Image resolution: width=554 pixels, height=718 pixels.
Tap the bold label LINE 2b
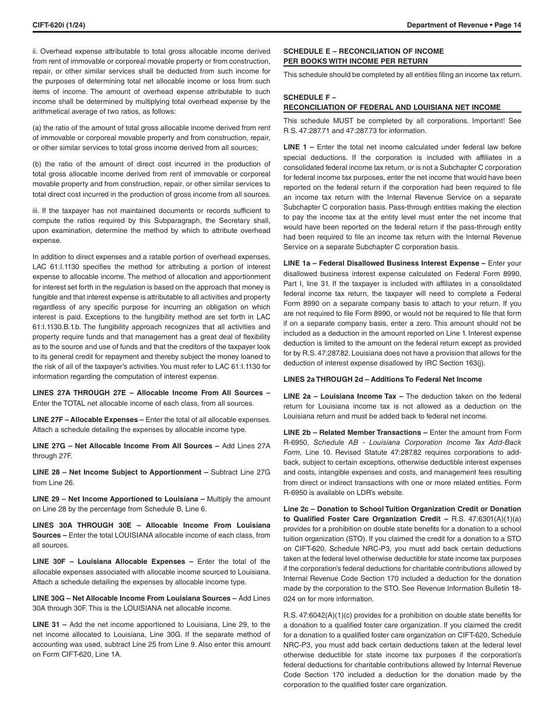point(297,433)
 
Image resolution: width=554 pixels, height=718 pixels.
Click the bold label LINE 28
point(46,472)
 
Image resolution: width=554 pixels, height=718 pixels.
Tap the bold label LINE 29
point(46,499)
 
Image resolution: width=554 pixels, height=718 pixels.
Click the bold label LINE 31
point(46,625)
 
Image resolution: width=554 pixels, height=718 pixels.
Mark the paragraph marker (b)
point(36,164)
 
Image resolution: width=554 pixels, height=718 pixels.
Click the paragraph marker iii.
point(36,210)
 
